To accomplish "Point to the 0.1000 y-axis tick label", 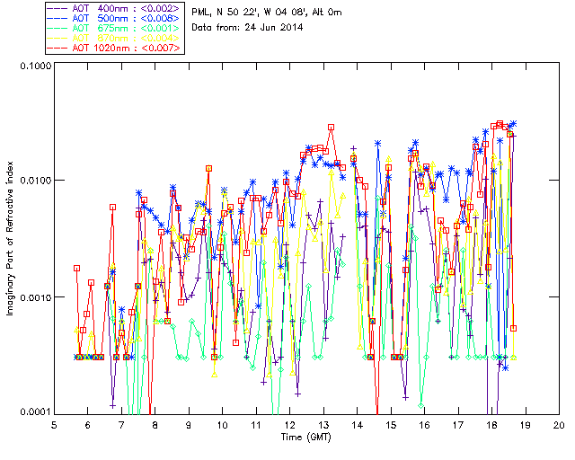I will tap(31, 66).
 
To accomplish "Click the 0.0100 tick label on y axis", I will tap(31, 181).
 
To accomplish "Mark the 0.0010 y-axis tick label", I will tap(31, 297).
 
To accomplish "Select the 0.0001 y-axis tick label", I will tap(31, 412).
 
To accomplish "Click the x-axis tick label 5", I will tap(54, 424).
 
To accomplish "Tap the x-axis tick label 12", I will tap(289, 424).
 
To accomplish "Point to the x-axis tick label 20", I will tap(559, 424).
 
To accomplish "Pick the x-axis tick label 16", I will tap(424, 424).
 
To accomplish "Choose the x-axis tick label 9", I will tap(189, 424).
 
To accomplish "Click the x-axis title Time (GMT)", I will tap(305, 437).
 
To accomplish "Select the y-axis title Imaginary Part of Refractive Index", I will tap(12, 238).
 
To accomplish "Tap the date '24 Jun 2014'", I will tap(273, 27).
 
